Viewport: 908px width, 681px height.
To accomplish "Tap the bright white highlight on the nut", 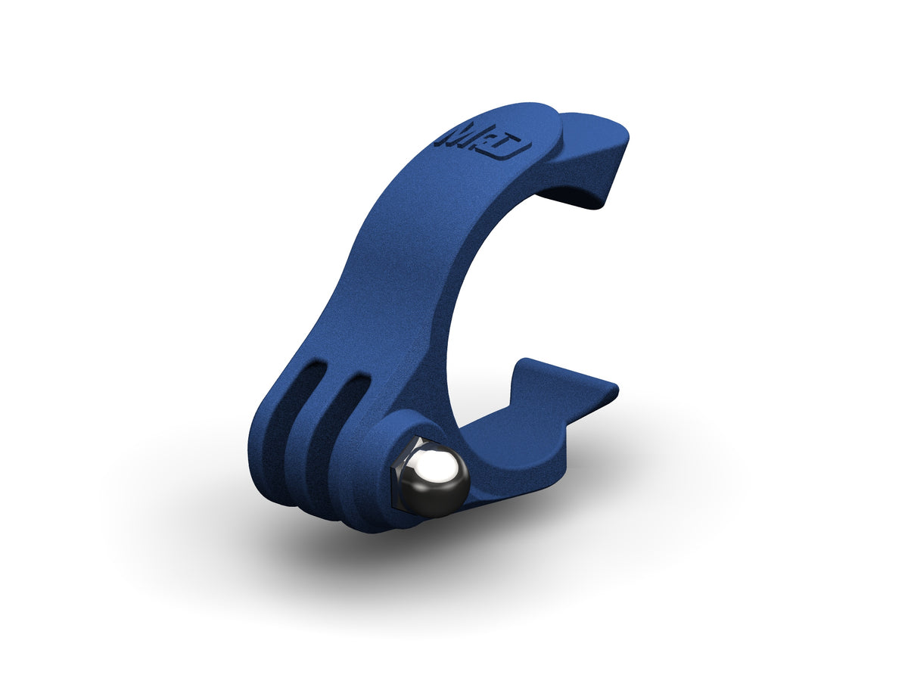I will (434, 463).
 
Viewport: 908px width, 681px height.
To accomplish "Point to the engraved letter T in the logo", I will (499, 144).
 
